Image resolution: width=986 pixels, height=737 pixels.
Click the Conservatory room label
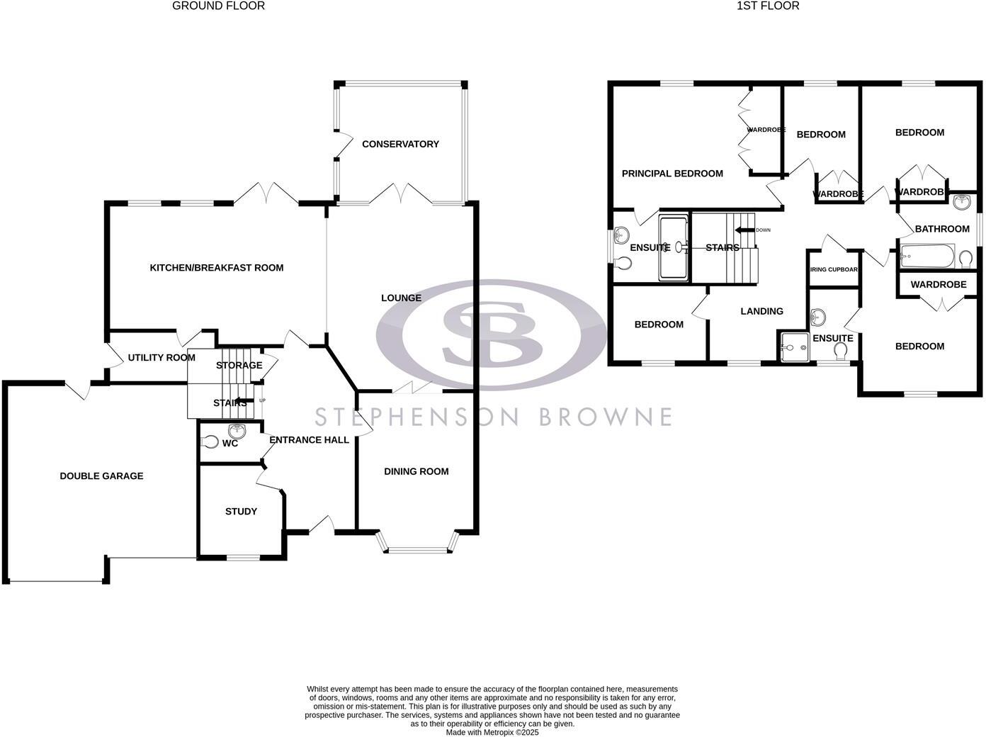400,144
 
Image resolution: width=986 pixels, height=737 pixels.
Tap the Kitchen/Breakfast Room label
216,268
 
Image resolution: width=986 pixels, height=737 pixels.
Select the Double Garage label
101,476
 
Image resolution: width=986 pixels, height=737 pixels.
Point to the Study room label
241,512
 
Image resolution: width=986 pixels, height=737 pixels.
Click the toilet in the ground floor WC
210,442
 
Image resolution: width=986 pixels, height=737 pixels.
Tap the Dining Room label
416,471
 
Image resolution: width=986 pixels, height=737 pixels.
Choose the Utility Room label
161,358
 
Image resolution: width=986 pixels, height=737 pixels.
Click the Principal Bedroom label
672,174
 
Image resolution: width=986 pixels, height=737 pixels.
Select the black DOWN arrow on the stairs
744,230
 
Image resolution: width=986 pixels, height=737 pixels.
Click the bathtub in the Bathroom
927,257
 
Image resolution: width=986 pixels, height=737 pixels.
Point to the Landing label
761,311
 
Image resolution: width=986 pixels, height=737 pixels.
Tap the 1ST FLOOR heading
768,6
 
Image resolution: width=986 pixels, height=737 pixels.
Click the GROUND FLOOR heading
218,6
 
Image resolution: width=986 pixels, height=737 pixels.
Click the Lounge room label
401,298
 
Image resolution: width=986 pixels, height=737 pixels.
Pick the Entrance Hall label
309,440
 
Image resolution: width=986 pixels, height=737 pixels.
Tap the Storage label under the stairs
239,366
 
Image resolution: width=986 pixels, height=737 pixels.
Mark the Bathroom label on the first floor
941,229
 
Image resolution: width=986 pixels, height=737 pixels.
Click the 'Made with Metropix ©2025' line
492,733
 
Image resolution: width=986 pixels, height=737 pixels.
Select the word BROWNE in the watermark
605,417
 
